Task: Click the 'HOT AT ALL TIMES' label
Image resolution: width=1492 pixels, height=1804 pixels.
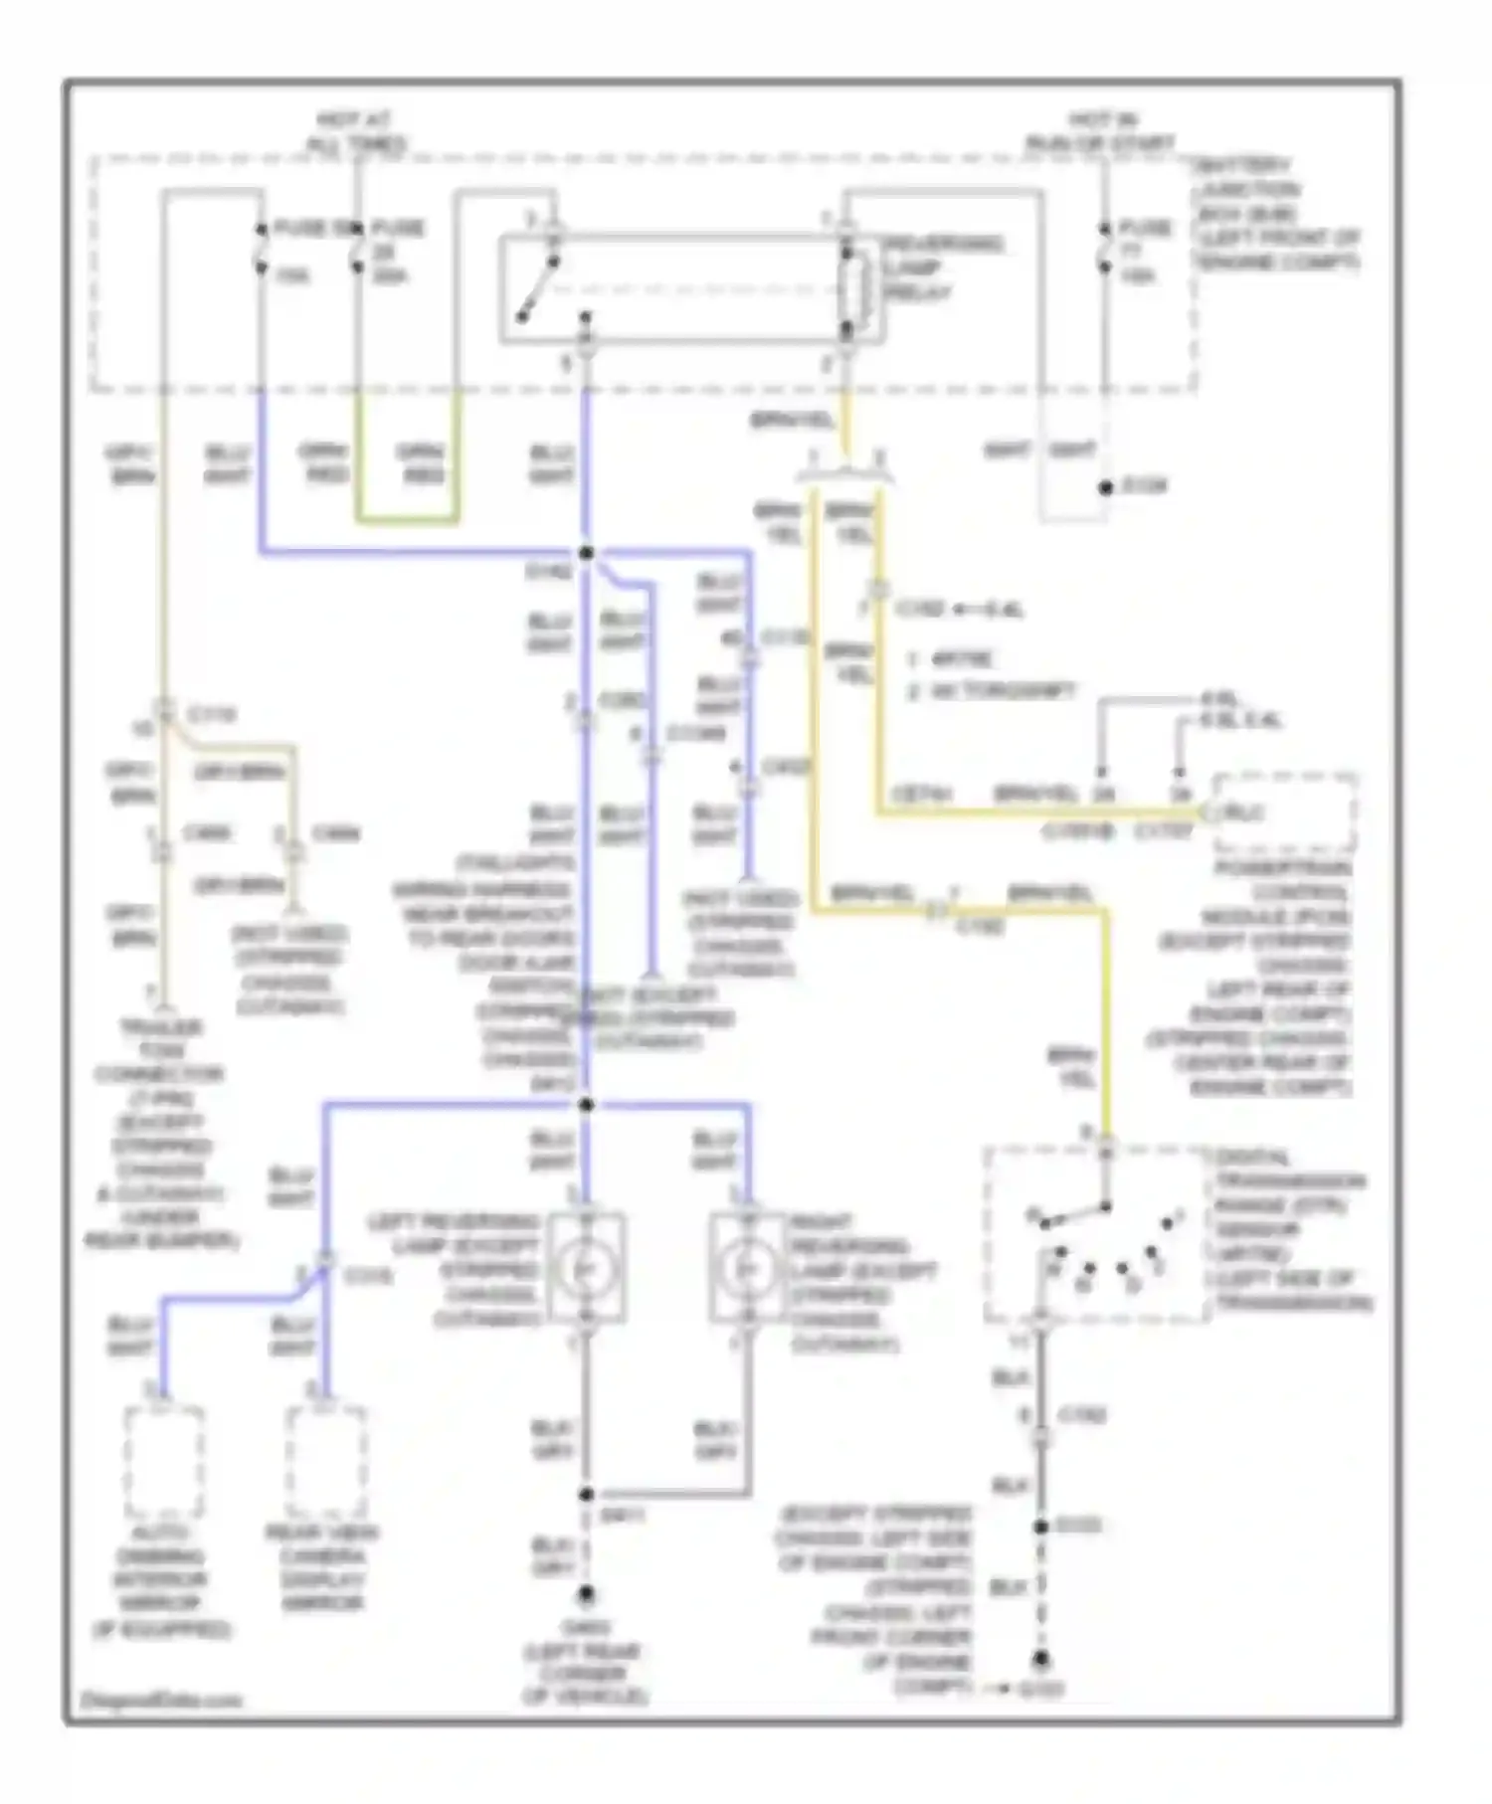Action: click(x=356, y=132)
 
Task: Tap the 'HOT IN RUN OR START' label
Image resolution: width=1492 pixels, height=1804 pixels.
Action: click(x=1100, y=132)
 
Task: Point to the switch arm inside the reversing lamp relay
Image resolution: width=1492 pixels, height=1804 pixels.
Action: click(x=537, y=290)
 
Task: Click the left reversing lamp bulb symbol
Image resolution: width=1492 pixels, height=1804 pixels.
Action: click(x=586, y=1268)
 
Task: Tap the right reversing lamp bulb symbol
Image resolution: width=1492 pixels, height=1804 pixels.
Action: click(x=747, y=1268)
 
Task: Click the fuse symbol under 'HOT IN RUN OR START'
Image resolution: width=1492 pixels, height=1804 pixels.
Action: click(x=1104, y=251)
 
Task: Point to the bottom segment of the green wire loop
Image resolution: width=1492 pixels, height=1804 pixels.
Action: click(x=407, y=519)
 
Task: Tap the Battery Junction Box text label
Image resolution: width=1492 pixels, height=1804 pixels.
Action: click(x=1276, y=214)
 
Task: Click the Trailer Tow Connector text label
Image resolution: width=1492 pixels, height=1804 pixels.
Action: click(x=159, y=1134)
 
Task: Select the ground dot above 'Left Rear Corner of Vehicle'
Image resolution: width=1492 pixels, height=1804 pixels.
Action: click(x=586, y=1594)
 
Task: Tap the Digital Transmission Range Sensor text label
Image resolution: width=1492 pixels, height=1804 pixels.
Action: click(x=1291, y=1229)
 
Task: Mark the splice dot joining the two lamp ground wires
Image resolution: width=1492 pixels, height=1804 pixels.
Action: click(x=586, y=1494)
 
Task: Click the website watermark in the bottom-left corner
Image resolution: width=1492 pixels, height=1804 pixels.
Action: click(x=159, y=1700)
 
